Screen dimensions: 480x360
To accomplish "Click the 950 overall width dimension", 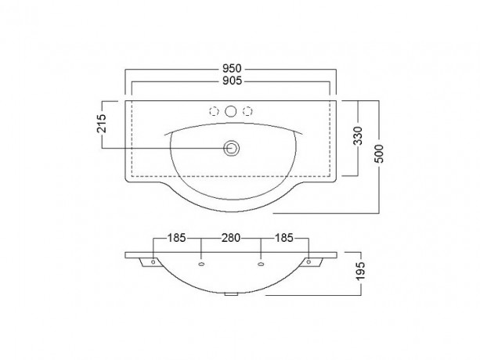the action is coord(232,68).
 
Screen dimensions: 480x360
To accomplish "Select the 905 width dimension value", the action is coord(232,81).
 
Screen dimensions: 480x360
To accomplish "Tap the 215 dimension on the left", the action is coord(101,124).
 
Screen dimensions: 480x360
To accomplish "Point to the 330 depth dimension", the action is coord(358,135).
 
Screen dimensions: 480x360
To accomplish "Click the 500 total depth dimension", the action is coord(379,153).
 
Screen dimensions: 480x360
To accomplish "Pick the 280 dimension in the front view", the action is coord(231,238).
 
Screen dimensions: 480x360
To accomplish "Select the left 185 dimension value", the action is coord(176,238).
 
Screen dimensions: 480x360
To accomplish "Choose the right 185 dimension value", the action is coord(284,238).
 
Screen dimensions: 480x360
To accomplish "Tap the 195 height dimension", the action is coord(361,271).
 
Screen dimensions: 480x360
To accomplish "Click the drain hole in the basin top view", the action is coord(231,149).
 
